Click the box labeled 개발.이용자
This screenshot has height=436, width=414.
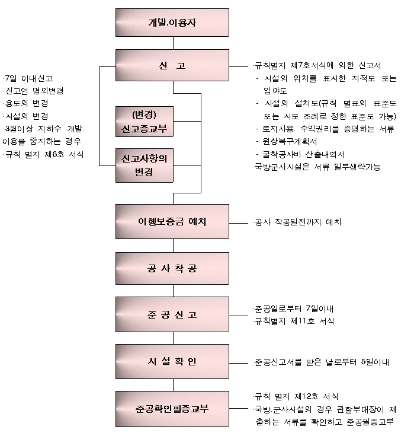click(172, 23)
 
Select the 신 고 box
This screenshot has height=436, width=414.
click(172, 65)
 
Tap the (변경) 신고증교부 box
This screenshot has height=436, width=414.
click(145, 122)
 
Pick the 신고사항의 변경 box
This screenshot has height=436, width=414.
click(145, 166)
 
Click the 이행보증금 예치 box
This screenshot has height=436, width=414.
click(172, 222)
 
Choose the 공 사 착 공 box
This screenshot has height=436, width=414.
click(172, 268)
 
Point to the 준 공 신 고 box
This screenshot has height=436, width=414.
click(172, 314)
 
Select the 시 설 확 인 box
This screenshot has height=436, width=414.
click(172, 361)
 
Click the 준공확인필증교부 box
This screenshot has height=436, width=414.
click(172, 409)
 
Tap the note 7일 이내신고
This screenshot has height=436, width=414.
click(28, 78)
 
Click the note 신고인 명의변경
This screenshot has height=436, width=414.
click(34, 91)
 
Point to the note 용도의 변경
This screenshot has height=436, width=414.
click(26, 103)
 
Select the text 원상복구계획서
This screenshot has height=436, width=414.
click(290, 142)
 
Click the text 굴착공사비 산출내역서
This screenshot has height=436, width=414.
click(304, 154)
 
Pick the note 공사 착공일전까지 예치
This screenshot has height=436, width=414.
click(297, 222)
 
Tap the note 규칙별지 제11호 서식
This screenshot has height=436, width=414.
click(294, 321)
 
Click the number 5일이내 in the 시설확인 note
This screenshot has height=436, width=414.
click(375, 362)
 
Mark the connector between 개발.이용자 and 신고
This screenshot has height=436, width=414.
click(174, 43)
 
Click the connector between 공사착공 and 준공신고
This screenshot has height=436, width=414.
click(174, 291)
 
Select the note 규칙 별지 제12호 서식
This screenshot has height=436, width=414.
click(296, 396)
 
